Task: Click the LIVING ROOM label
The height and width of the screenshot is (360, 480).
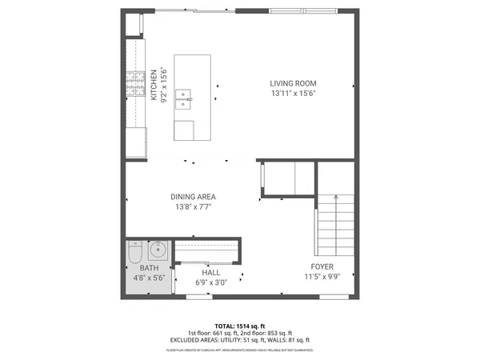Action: pos(293,83)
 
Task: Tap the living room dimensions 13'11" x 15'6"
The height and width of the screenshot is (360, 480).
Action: pos(293,93)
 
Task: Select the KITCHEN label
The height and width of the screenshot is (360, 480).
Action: pos(154,86)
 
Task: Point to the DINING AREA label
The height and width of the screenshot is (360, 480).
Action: pos(193,197)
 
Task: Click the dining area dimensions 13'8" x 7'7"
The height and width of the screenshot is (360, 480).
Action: pos(193,206)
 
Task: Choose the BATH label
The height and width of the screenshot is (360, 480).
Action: pos(150,268)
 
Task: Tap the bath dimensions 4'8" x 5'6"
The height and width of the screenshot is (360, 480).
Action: pos(150,278)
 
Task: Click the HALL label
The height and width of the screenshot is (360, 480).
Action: pos(211,273)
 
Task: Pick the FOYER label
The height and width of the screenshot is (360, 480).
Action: pos(322,266)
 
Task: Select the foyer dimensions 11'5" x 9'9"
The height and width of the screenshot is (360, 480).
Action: pos(322,277)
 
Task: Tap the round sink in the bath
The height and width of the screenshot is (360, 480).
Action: pos(158,247)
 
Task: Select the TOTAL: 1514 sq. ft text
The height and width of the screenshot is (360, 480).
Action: pos(240,326)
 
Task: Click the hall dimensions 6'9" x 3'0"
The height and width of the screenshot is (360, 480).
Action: pos(211,282)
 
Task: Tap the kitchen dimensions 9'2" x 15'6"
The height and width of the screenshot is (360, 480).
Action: pos(164,86)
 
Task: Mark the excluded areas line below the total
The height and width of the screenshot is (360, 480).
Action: pos(240,341)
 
